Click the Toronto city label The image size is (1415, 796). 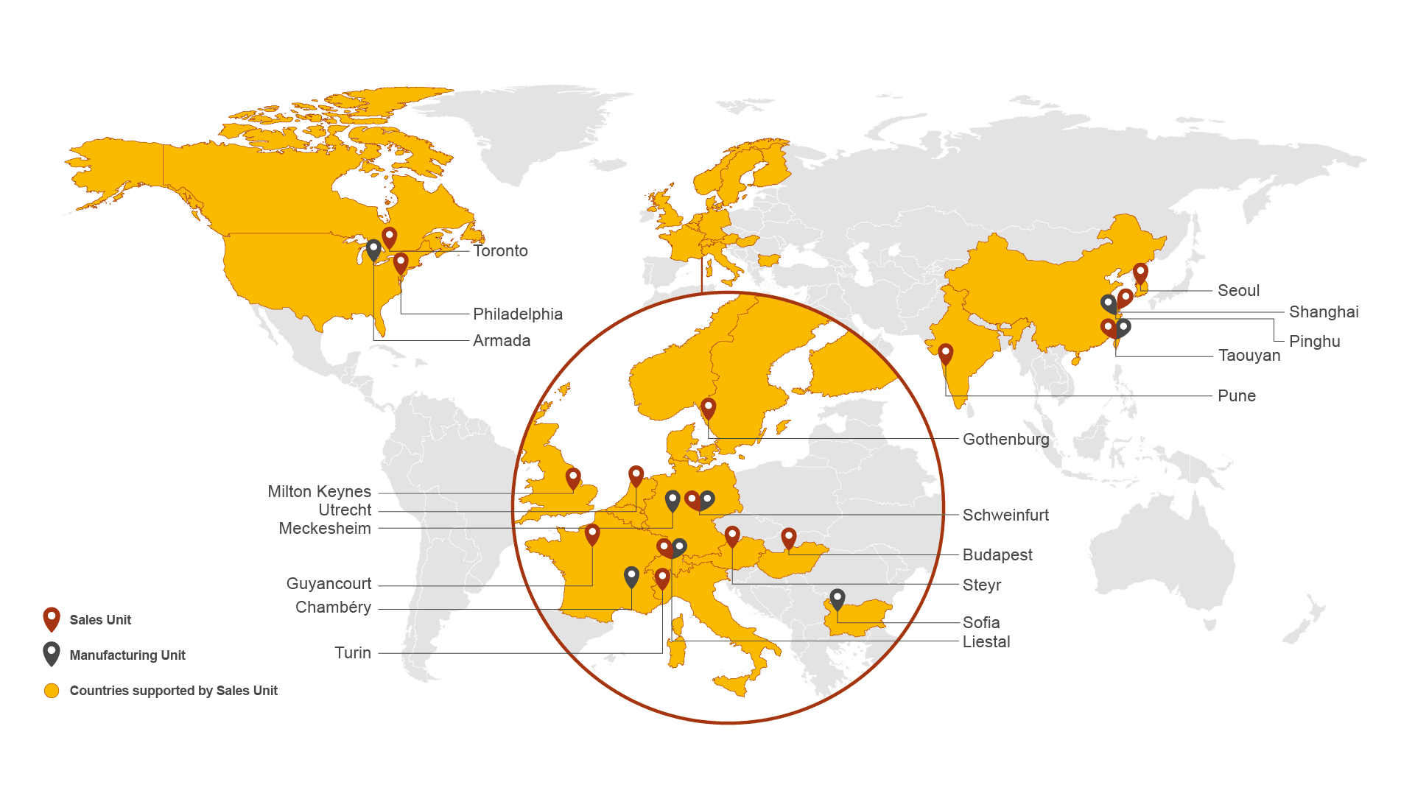click(500, 251)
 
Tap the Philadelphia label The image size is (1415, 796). click(517, 314)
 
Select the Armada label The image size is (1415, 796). click(501, 341)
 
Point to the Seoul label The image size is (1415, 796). click(1238, 291)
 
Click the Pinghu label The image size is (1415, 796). click(1314, 342)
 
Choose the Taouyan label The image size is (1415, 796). click(1249, 356)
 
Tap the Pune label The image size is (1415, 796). click(1236, 396)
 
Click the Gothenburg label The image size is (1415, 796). click(1005, 440)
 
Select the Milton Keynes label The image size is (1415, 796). click(319, 492)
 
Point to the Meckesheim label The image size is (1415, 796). click(324, 529)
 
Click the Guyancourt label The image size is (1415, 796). click(329, 584)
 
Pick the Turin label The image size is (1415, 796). click(352, 653)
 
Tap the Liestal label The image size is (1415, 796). click(986, 642)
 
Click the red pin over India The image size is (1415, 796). click(945, 353)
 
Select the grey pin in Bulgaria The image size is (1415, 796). click(837, 599)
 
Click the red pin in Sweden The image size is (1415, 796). click(708, 408)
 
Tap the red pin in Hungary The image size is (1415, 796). click(788, 538)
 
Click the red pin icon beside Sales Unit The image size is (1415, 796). click(51, 619)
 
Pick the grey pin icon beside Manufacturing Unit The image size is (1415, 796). click(51, 653)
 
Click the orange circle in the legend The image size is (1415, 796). click(52, 691)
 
